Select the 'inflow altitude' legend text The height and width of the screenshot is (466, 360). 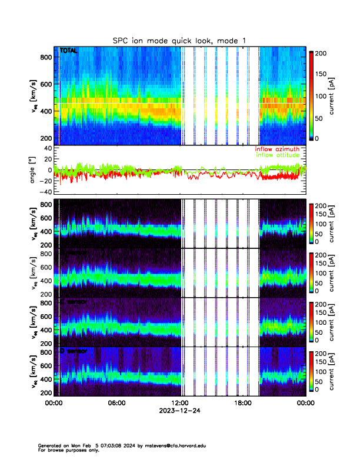point(278,155)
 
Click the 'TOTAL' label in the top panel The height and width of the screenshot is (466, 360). point(69,52)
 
